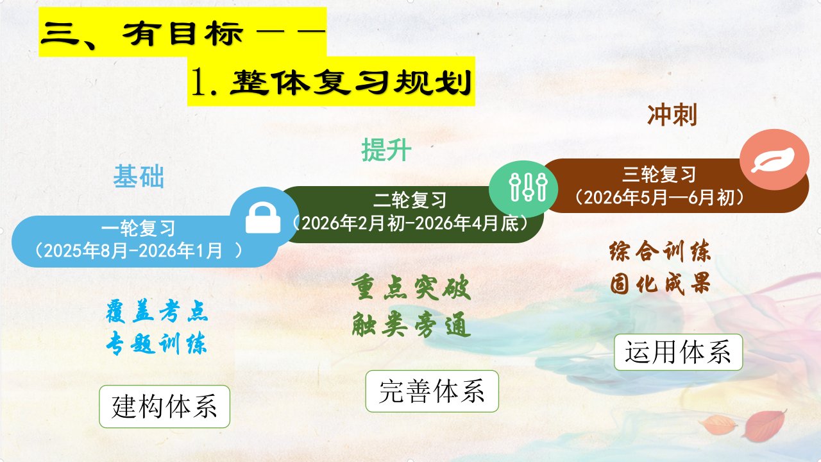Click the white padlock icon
263,218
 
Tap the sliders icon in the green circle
528,187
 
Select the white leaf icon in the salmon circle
773,160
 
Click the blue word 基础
139,176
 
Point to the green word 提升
386,150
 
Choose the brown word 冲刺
672,115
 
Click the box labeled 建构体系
165,407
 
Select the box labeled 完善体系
432,391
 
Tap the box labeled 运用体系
679,352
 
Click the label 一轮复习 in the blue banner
139,228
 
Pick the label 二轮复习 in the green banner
410,200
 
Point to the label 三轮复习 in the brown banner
659,174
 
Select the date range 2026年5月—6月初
659,198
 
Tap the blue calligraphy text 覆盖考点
157,312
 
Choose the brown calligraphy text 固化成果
660,284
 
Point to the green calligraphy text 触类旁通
411,325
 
